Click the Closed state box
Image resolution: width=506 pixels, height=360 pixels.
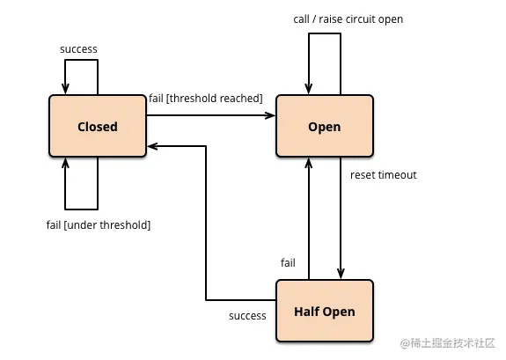(x=98, y=126)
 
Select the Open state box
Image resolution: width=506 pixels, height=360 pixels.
(x=325, y=126)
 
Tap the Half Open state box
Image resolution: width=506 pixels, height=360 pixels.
(x=325, y=311)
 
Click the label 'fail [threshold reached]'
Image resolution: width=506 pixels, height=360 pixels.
(x=206, y=99)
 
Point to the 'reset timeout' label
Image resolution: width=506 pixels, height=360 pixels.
(x=384, y=175)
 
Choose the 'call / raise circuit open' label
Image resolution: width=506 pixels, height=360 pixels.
(x=348, y=19)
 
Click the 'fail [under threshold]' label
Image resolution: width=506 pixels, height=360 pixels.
(x=99, y=225)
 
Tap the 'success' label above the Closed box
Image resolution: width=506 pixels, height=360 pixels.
(x=78, y=49)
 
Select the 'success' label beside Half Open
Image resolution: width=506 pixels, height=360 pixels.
(x=247, y=316)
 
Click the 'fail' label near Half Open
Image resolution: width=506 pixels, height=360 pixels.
(x=288, y=263)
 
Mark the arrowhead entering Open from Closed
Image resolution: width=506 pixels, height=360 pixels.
(x=270, y=115)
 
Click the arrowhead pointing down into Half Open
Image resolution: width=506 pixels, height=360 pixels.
(x=341, y=274)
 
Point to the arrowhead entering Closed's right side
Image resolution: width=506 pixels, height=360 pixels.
(x=152, y=146)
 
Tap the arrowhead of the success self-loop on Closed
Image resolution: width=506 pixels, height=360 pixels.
(x=65, y=89)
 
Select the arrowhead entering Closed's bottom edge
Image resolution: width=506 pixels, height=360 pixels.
(x=65, y=163)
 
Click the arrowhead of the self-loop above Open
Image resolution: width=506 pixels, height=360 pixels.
(x=309, y=89)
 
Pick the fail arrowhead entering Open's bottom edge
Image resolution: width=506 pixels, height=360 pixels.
(x=309, y=163)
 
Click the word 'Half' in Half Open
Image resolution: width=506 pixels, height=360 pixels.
(x=306, y=312)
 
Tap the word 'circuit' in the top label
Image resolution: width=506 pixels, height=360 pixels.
(x=361, y=19)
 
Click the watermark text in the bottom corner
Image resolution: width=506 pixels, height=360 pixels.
(x=448, y=343)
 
